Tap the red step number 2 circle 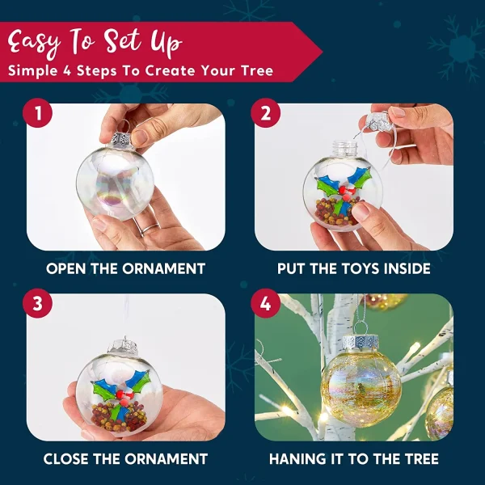265,113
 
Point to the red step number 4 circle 265,305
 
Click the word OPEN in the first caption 67,268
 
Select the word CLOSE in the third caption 70,459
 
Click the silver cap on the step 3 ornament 123,346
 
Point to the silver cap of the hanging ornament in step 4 361,340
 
